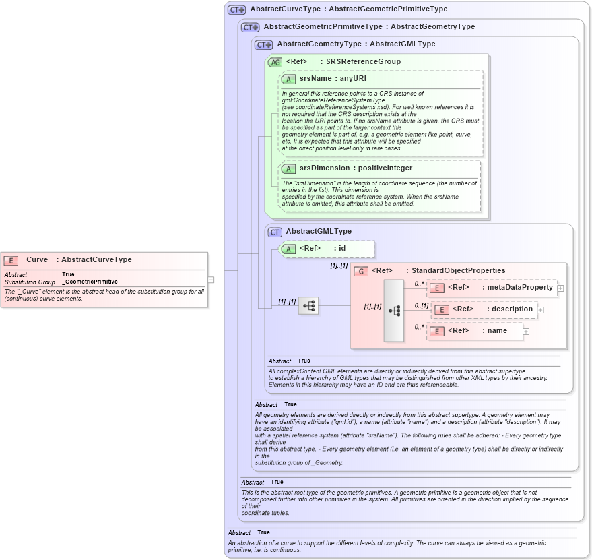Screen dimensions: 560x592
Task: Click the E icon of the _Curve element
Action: [x=11, y=260]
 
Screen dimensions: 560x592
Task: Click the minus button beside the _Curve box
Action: [x=211, y=279]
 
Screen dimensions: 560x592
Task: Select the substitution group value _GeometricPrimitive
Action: [x=90, y=282]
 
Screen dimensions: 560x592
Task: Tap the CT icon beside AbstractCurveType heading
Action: [x=236, y=10]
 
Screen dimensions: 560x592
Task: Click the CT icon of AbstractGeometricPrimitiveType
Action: [x=250, y=28]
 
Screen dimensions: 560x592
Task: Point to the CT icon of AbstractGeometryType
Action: [x=263, y=44]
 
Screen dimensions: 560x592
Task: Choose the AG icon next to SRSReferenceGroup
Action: [x=275, y=62]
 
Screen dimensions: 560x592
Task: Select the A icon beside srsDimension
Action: [x=288, y=168]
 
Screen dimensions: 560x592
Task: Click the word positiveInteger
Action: [x=385, y=168]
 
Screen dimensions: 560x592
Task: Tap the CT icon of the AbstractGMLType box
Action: [x=275, y=232]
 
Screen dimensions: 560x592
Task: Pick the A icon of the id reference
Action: [x=288, y=249]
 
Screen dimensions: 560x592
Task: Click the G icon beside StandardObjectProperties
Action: [x=361, y=271]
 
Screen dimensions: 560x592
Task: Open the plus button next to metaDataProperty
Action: [x=560, y=288]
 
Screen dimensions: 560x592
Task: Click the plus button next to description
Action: [x=540, y=310]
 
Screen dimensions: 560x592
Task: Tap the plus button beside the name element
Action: [x=526, y=332]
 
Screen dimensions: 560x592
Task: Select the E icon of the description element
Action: [x=441, y=309]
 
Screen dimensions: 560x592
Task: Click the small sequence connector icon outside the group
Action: [x=308, y=306]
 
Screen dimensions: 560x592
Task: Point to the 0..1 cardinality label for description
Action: [x=421, y=305]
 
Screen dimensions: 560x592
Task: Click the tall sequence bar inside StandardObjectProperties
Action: [x=394, y=310]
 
